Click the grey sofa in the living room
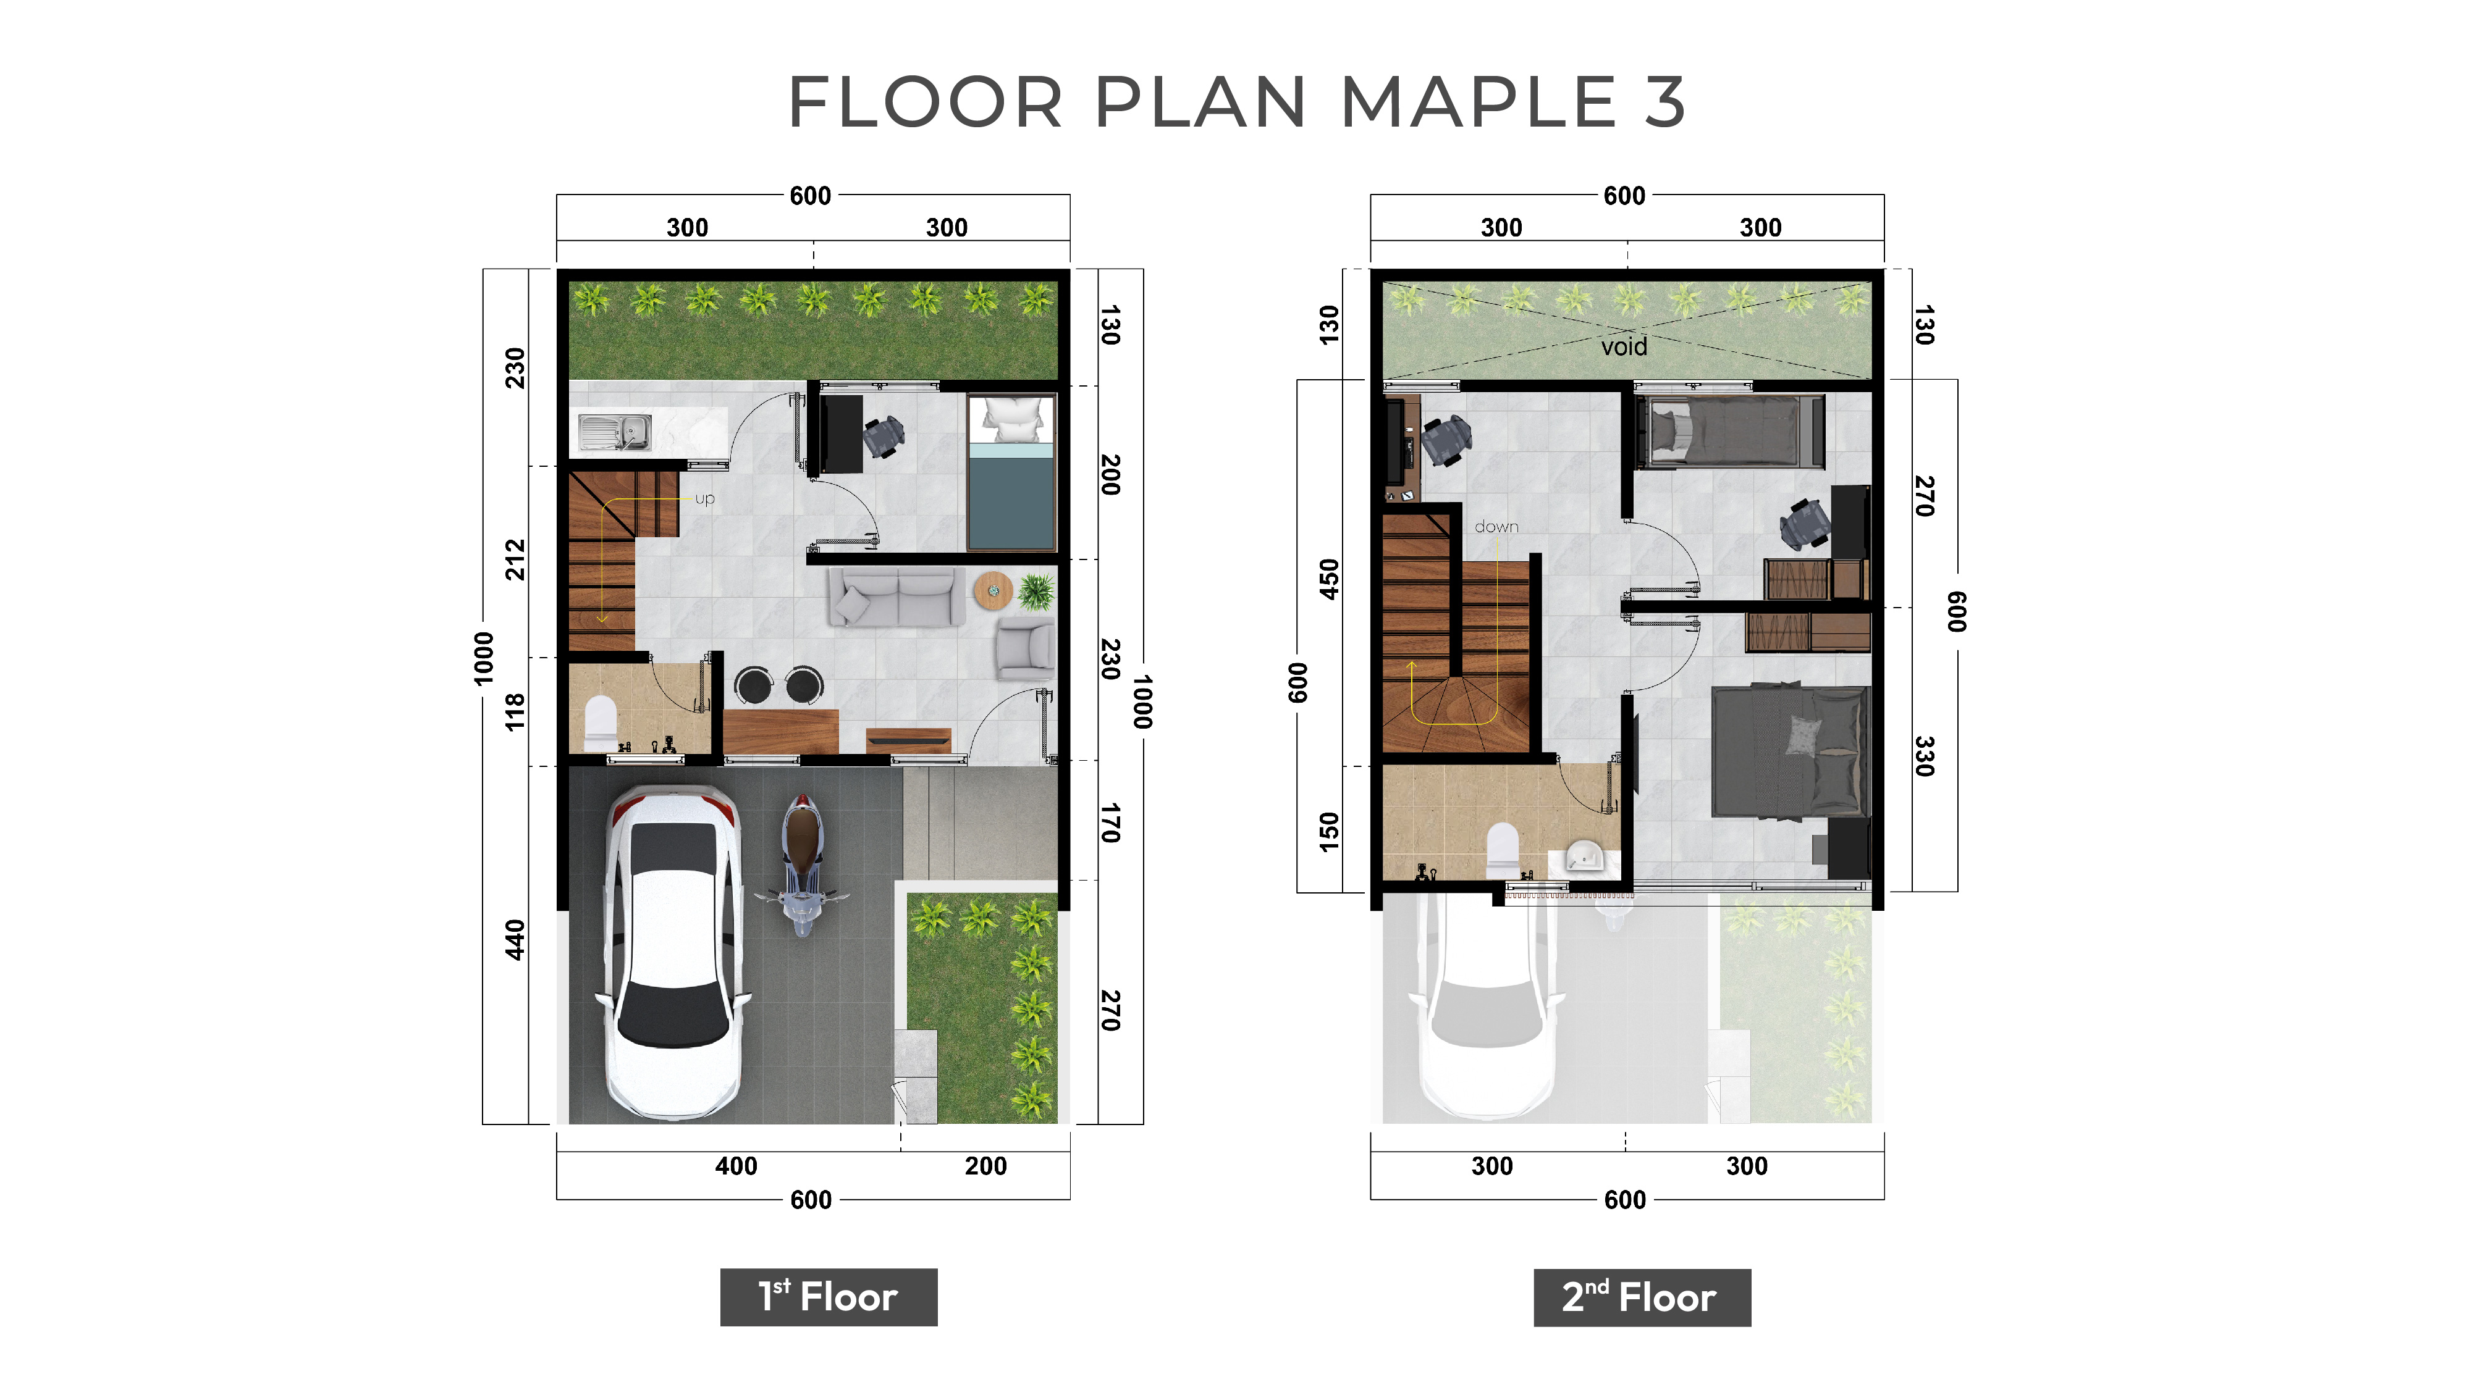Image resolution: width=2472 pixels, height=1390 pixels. tap(896, 596)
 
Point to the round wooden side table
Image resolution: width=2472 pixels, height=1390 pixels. tap(993, 590)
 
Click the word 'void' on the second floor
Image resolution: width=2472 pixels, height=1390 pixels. tap(1624, 346)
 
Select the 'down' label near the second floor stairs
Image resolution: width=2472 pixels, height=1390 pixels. tap(1496, 527)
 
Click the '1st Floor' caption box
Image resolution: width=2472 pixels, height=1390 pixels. tap(828, 1297)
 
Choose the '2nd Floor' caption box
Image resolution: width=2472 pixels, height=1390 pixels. tap(1642, 1297)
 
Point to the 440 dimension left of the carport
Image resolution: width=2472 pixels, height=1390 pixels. tap(515, 940)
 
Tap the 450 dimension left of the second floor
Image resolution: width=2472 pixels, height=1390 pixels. tap(1329, 579)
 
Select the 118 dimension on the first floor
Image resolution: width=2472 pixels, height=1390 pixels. tap(515, 712)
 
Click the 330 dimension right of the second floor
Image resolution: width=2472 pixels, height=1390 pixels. tap(1924, 756)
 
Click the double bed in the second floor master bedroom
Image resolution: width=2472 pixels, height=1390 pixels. tap(1791, 751)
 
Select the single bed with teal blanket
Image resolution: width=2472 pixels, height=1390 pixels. tap(1011, 473)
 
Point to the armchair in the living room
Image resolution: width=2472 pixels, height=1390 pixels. tap(1025, 648)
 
